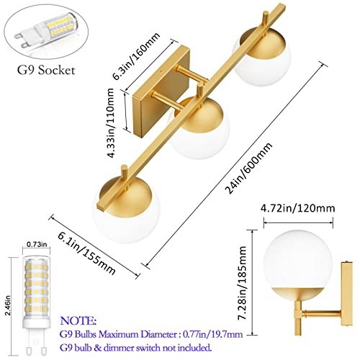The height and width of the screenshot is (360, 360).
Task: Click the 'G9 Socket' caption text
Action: [46, 70]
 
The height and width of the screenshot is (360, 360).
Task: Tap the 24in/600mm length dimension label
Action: [248, 168]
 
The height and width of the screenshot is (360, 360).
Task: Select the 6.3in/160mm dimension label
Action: [136, 56]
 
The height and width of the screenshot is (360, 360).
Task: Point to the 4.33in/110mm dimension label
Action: [111, 123]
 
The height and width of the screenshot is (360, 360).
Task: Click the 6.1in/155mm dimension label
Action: [86, 253]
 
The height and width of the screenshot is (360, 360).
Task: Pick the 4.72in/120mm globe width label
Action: [298, 208]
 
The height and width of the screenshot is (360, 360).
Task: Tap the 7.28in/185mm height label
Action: [243, 283]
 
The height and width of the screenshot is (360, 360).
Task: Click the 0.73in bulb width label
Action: [37, 245]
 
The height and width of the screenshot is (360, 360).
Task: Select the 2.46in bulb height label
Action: [8, 305]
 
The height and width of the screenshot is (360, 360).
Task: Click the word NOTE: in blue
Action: [78, 320]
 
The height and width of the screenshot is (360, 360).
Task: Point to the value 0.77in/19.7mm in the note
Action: [212, 334]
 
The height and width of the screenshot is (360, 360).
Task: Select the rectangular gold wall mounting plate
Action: [161, 92]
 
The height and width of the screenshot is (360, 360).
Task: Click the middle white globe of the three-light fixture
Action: [199, 129]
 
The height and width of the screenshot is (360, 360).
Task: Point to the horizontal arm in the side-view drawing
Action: [321, 312]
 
